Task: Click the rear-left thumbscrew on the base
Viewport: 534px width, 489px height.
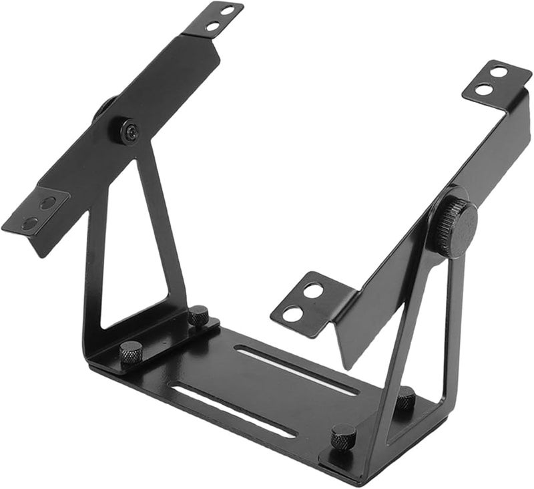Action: coord(198,315)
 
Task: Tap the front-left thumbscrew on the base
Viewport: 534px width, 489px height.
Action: coord(131,352)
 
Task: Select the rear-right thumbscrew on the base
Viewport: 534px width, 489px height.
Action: coord(405,399)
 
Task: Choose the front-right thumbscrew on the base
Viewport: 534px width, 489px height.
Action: coord(343,436)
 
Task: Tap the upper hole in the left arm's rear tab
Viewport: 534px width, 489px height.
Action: coord(228,11)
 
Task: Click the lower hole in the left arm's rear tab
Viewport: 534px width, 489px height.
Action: coord(213,27)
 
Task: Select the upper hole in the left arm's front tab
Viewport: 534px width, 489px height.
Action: coord(47,202)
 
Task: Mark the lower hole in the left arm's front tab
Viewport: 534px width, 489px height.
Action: coord(29,223)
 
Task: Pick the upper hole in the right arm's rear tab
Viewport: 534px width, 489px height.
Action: coord(499,71)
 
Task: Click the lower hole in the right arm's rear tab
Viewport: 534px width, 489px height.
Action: coord(485,90)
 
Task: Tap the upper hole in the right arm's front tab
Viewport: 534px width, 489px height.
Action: coord(312,290)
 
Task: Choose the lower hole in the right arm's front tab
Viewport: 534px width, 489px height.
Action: coord(292,313)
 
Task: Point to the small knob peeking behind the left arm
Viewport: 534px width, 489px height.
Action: coord(104,108)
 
